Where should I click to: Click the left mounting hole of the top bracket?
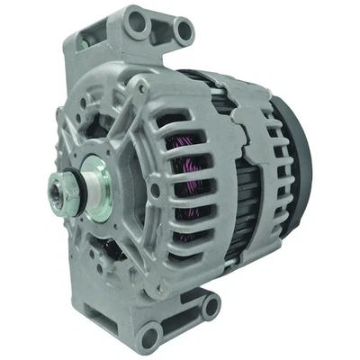(x=136, y=20)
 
